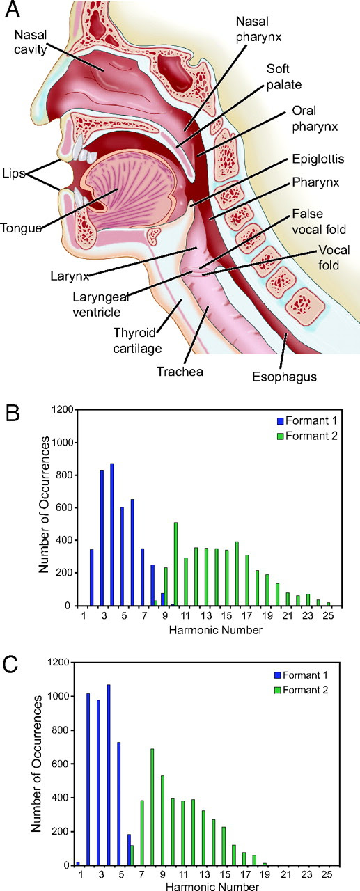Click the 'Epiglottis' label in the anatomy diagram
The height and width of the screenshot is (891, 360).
318,159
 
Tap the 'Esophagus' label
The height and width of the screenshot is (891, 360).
284,377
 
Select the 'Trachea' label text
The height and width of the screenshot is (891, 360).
180,372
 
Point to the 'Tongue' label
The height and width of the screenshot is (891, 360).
21,228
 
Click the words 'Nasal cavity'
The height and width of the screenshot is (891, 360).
30,42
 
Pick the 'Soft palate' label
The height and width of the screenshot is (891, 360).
284,77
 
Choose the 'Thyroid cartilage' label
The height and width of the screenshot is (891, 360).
138,340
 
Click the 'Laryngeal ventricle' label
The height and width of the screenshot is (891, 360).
101,304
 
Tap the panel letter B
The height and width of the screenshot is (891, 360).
12,414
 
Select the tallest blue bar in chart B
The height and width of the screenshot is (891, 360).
112,534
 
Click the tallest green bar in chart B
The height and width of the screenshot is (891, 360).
175,564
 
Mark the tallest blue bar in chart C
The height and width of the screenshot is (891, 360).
108,775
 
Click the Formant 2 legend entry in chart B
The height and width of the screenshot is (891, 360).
307,436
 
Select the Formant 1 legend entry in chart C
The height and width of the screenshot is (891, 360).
301,675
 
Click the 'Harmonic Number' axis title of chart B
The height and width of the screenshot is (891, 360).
216,630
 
